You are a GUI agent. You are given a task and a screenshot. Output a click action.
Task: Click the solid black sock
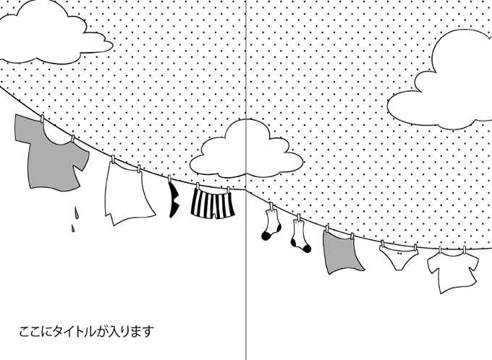(174, 200)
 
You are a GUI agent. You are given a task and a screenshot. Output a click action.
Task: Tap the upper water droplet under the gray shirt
(76, 212)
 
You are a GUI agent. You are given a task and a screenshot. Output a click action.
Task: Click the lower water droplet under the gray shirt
(73, 228)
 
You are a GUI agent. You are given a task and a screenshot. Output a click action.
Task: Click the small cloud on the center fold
(246, 149)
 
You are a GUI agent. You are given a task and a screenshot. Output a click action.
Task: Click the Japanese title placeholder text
(87, 332)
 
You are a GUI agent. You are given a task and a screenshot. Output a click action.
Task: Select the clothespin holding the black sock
(169, 179)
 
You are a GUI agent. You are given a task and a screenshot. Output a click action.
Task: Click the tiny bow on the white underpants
(399, 253)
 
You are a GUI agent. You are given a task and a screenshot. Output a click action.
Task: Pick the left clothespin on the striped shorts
(198, 187)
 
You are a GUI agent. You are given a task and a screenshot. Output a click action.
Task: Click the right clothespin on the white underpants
(415, 248)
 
